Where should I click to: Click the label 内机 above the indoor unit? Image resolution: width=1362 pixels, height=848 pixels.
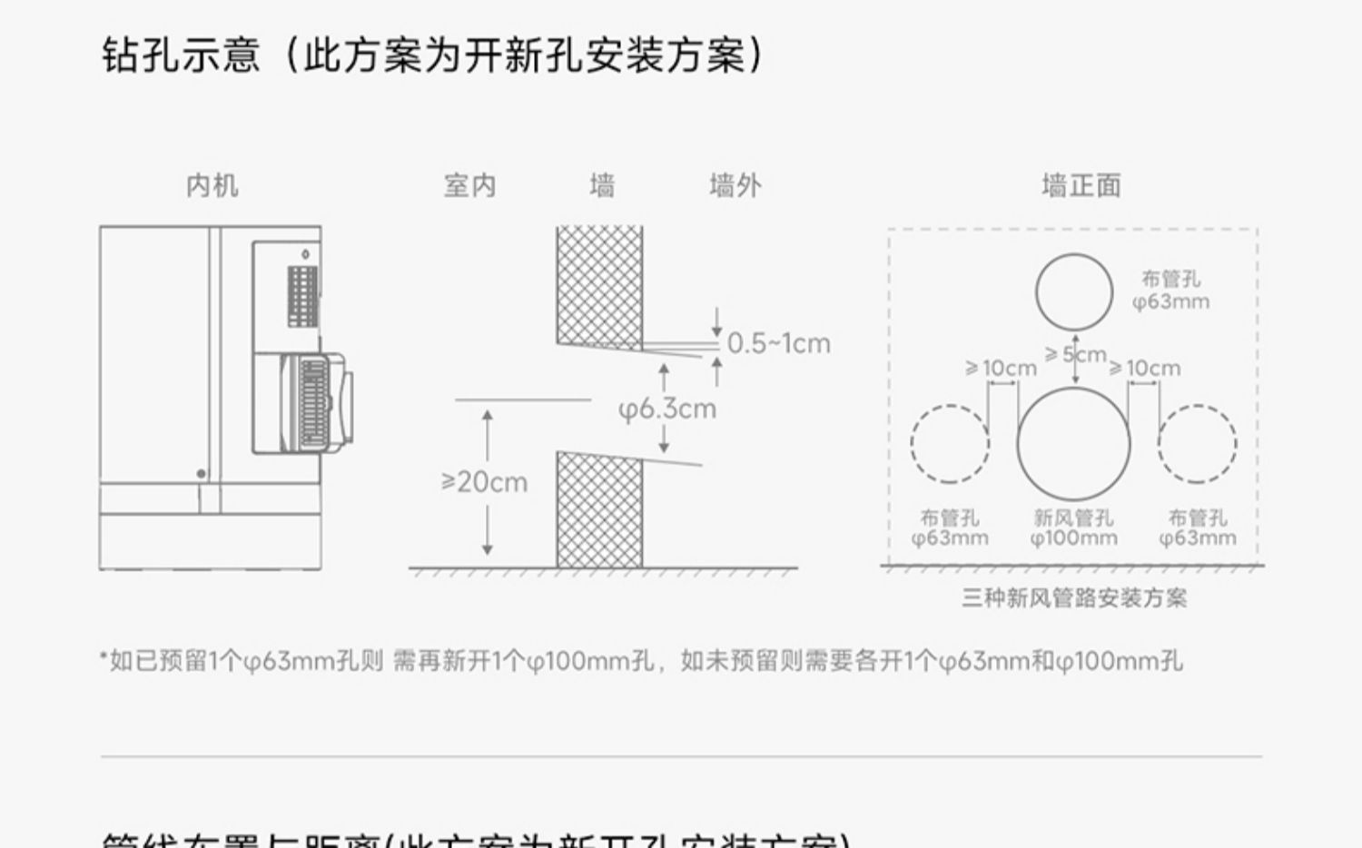tap(212, 186)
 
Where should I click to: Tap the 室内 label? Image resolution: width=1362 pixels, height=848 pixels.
tap(469, 186)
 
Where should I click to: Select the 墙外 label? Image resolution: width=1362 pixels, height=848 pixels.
tap(735, 186)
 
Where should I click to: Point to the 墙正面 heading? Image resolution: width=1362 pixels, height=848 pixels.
tap(1081, 186)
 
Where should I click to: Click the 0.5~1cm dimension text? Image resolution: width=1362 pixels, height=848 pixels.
tap(778, 343)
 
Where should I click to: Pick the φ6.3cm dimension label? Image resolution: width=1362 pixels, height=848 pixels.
tap(667, 409)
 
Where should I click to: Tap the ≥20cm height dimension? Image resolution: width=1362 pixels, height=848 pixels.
tap(484, 482)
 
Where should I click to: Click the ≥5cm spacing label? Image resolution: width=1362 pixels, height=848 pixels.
tap(1076, 354)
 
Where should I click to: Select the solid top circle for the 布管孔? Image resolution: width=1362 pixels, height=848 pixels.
tap(1073, 291)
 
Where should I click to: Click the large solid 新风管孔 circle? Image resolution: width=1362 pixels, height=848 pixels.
tap(1073, 444)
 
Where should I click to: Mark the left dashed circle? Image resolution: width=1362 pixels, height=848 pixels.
tap(950, 443)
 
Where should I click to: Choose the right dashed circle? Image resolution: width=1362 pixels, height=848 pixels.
tap(1197, 443)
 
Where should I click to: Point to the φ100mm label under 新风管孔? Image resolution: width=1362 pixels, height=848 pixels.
tap(1073, 538)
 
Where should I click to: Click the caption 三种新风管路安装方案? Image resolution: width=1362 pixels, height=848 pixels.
tap(1074, 598)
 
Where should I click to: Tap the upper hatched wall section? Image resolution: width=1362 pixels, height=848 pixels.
tap(599, 286)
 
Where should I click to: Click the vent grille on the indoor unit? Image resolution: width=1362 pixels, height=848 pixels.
tap(303, 296)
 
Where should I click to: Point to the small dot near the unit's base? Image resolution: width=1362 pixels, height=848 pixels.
tap(201, 474)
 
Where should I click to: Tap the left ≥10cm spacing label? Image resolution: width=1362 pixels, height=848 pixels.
tap(1000, 368)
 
